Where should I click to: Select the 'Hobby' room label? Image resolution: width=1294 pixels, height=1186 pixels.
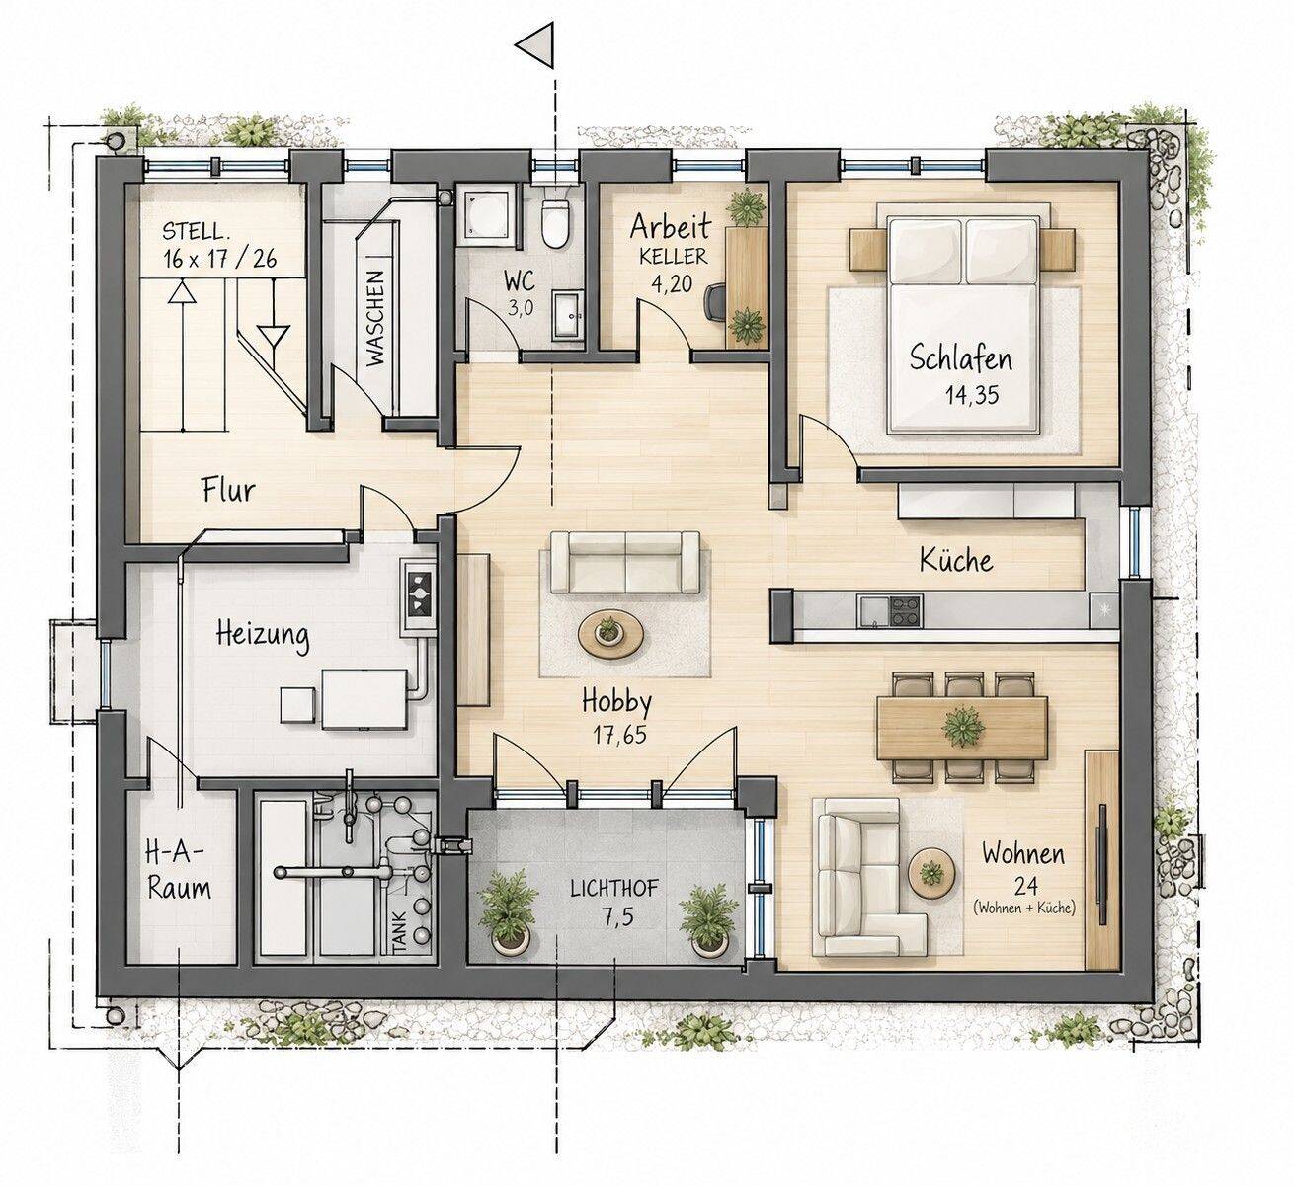pos(616,701)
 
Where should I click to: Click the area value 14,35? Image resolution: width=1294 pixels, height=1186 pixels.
pos(972,394)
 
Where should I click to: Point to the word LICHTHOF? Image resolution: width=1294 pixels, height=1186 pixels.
pos(614,889)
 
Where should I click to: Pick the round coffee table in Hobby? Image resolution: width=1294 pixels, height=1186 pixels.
pos(610,635)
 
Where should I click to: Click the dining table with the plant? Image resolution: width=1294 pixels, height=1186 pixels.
pos(962,728)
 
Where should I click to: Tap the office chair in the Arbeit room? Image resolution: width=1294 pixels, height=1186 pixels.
pos(716,302)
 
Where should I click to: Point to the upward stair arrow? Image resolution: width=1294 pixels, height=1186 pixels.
pos(182,354)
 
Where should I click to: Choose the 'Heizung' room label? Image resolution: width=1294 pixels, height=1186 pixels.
pos(263,635)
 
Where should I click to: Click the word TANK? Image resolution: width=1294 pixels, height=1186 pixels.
pos(399,932)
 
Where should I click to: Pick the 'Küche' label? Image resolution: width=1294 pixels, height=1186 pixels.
pos(956,560)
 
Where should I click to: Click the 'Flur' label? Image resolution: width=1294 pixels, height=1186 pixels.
pos(228,490)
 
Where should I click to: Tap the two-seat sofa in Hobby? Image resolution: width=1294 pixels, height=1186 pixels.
pos(625,562)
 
